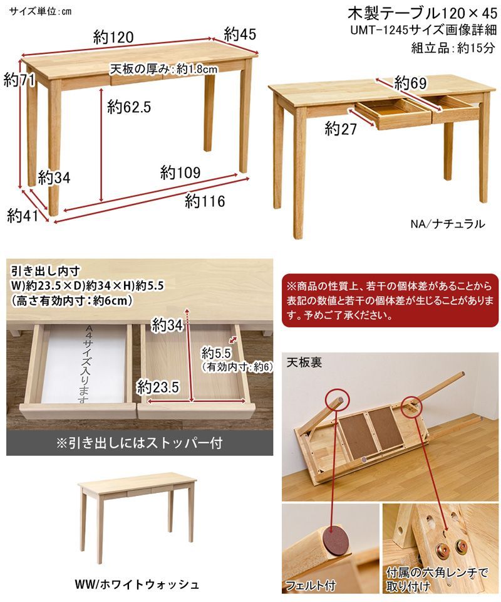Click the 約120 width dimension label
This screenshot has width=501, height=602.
click(113, 38)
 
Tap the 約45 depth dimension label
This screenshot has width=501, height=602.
click(240, 34)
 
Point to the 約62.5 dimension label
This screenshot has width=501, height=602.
click(129, 107)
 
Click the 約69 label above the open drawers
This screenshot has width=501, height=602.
click(411, 83)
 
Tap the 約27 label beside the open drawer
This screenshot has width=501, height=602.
click(341, 129)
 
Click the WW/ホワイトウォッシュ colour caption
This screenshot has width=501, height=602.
click(136, 584)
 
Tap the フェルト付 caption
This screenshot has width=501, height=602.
click(311, 586)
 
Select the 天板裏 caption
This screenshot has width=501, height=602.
click(304, 362)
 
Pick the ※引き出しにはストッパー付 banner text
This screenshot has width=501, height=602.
click(139, 443)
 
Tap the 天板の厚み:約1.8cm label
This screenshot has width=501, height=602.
click(163, 69)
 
